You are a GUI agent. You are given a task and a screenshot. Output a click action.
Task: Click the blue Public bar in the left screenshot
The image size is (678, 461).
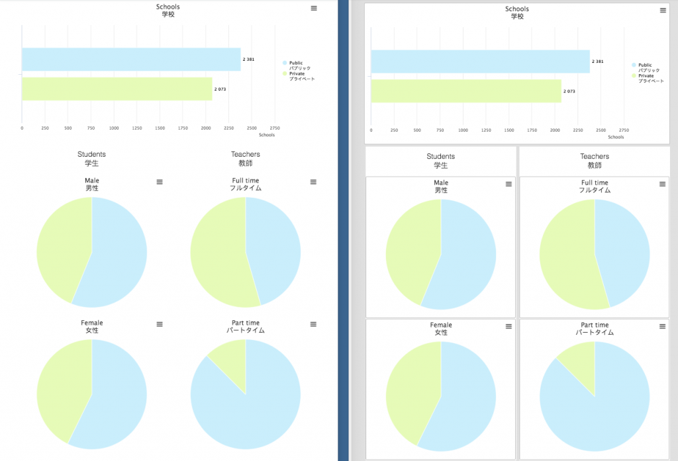[x=131, y=60]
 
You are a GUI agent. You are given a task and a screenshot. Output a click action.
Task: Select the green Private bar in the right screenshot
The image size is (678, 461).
[x=465, y=91]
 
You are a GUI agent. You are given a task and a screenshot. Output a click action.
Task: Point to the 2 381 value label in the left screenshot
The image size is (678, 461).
[x=248, y=60]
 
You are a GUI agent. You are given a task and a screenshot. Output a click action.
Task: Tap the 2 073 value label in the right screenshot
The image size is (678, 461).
[x=569, y=91]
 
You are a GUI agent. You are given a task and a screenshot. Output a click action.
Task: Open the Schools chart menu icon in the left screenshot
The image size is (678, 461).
[x=314, y=8]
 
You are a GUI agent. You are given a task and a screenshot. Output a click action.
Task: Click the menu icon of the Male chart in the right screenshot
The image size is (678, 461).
[x=508, y=184]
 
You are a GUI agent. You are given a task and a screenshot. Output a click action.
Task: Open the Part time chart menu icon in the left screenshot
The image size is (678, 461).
[x=314, y=324]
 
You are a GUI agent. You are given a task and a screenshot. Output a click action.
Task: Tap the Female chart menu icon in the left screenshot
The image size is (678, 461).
[x=160, y=324]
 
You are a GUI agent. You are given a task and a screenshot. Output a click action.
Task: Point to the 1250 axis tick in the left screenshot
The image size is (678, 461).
[x=137, y=128]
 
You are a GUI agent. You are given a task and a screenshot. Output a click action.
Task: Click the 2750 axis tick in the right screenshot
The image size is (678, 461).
[x=624, y=130]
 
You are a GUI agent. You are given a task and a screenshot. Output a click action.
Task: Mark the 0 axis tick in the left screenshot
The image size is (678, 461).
[x=22, y=128]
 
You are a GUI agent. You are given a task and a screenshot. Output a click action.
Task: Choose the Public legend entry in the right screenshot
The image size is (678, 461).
[x=645, y=65]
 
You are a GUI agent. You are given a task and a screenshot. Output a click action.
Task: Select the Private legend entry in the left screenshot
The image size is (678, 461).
[x=297, y=73]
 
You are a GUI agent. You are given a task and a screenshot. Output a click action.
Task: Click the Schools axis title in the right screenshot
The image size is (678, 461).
[x=616, y=137]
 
